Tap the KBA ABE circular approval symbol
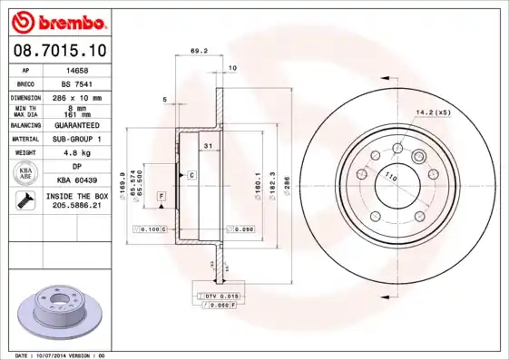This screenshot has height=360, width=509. (27, 173)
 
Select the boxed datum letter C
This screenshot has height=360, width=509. (191, 173)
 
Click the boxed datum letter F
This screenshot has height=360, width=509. (161, 196)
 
